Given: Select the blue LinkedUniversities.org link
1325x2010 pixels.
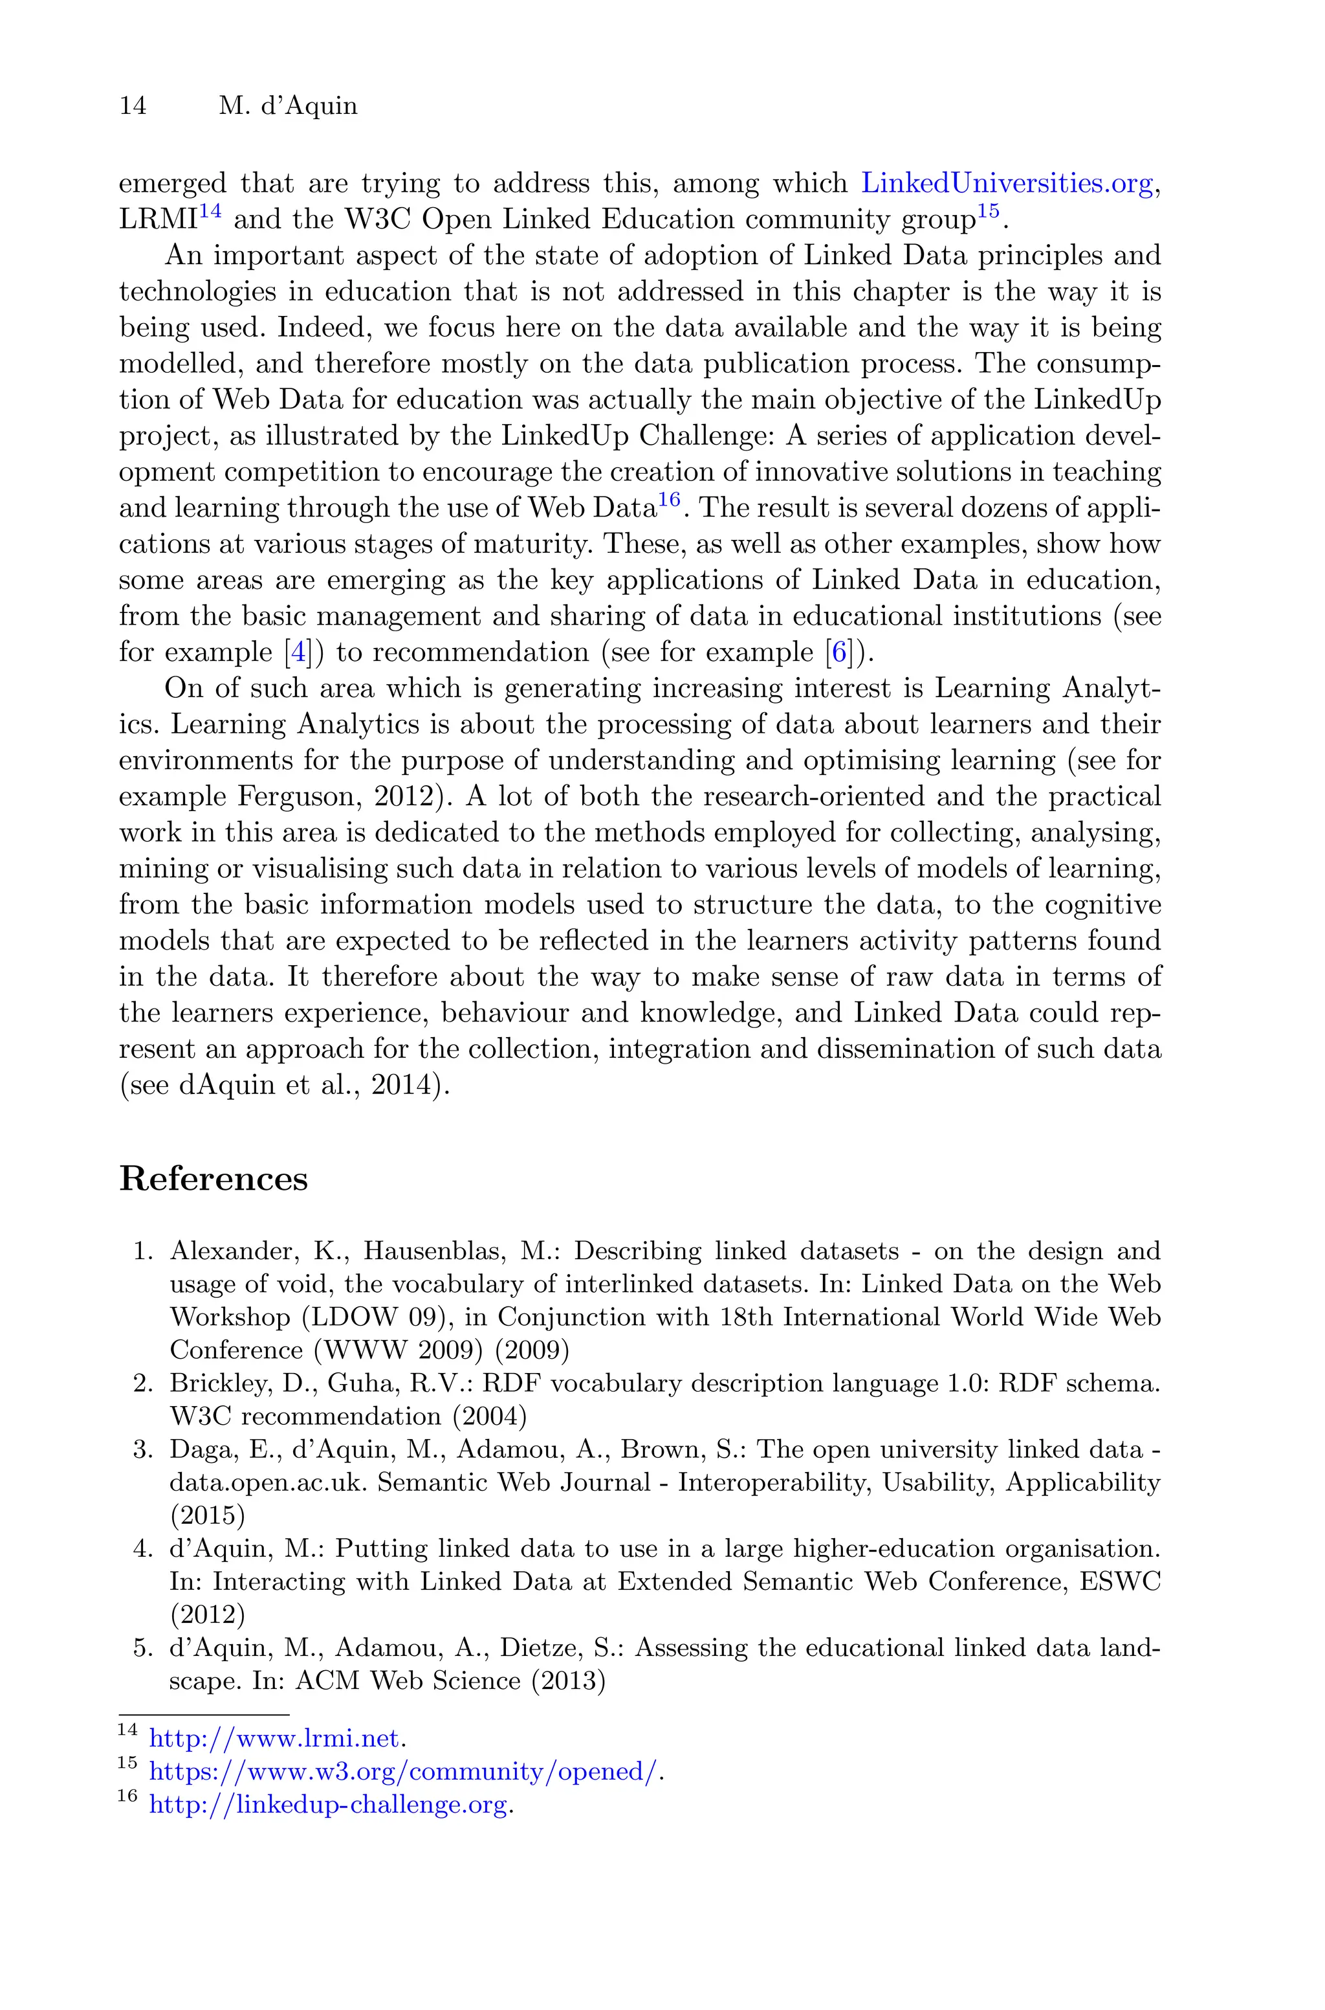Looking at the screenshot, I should pyautogui.click(x=1007, y=183).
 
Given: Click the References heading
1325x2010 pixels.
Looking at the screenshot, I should pyautogui.click(x=213, y=1178).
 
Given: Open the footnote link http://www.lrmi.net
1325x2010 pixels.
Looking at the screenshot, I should pyautogui.click(x=273, y=1739).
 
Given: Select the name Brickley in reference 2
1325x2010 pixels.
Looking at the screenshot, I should pyautogui.click(x=207, y=1383).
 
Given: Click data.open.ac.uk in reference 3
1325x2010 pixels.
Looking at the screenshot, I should pyautogui.click(x=266, y=1482).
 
